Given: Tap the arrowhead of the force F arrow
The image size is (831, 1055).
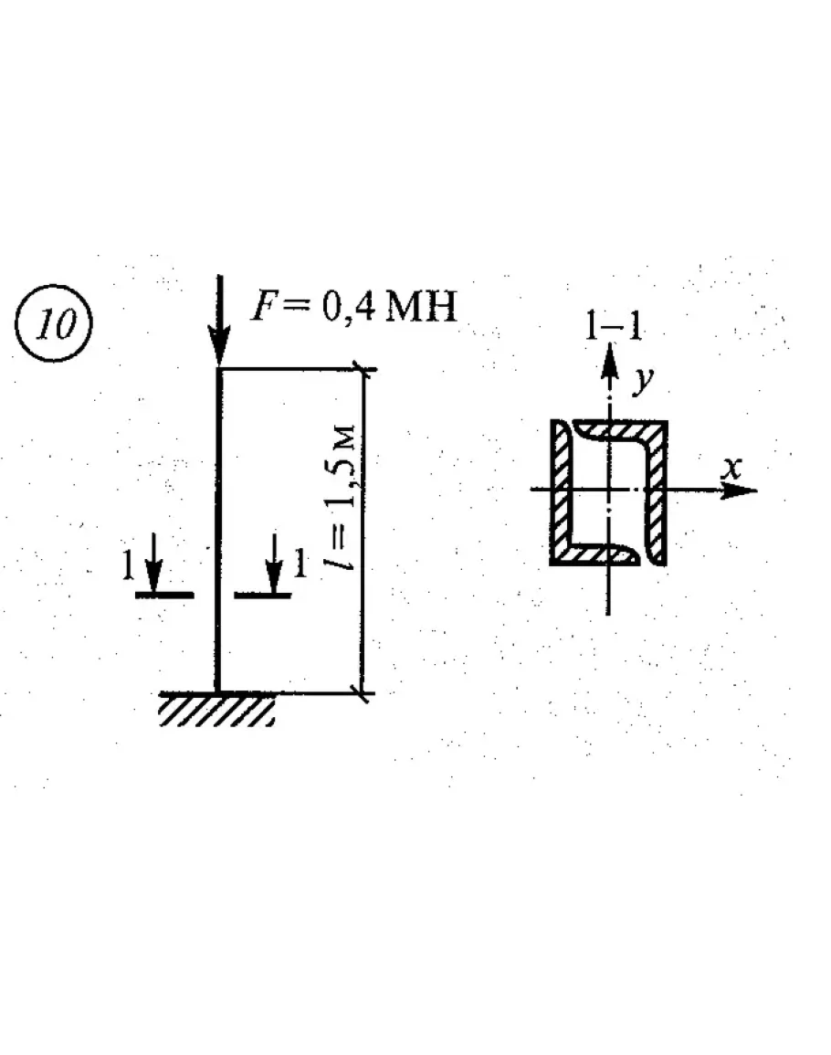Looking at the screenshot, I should tap(218, 351).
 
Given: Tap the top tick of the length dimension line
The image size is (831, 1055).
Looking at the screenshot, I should tap(365, 369).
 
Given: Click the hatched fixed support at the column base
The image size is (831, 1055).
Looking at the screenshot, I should tap(217, 709).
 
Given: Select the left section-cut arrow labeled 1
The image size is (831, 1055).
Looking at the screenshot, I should tap(154, 566).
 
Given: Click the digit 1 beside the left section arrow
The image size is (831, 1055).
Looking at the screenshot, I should tap(129, 567).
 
